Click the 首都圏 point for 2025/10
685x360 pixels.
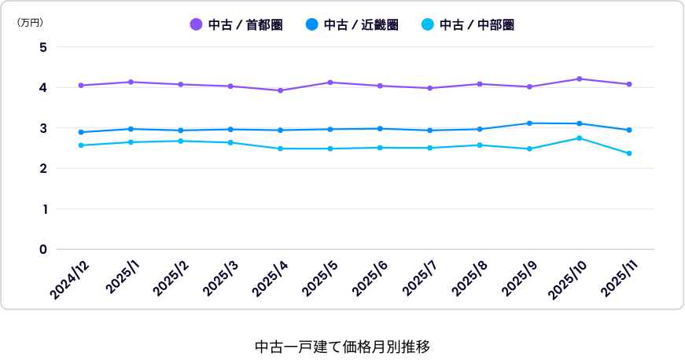click(580, 79)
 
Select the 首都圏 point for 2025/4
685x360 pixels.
click(281, 90)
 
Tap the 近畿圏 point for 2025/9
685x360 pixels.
click(529, 123)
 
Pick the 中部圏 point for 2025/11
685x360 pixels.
click(629, 153)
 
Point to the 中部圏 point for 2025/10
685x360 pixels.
click(580, 138)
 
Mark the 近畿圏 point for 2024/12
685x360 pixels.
click(81, 132)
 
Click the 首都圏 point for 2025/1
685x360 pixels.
click(131, 82)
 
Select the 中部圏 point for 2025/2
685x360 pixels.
click(181, 141)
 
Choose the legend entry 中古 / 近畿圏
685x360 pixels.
click(352, 25)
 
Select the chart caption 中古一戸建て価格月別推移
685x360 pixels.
click(342, 346)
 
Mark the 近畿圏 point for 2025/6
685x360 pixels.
click(380, 128)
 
